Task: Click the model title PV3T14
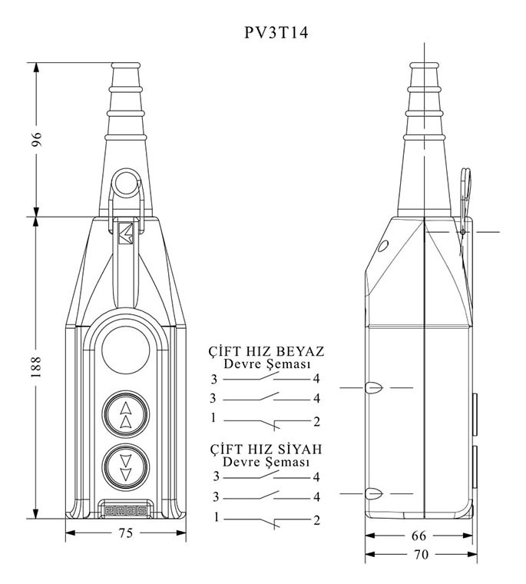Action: [x=263, y=35]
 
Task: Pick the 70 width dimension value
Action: [x=422, y=553]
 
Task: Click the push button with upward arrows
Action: [x=125, y=415]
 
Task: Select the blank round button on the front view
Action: [x=125, y=346]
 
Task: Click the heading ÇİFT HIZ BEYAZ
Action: [x=266, y=351]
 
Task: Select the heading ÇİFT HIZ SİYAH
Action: [x=266, y=450]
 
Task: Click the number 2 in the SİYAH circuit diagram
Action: [x=316, y=520]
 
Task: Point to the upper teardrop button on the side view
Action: [x=374, y=389]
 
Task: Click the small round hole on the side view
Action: [x=382, y=247]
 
